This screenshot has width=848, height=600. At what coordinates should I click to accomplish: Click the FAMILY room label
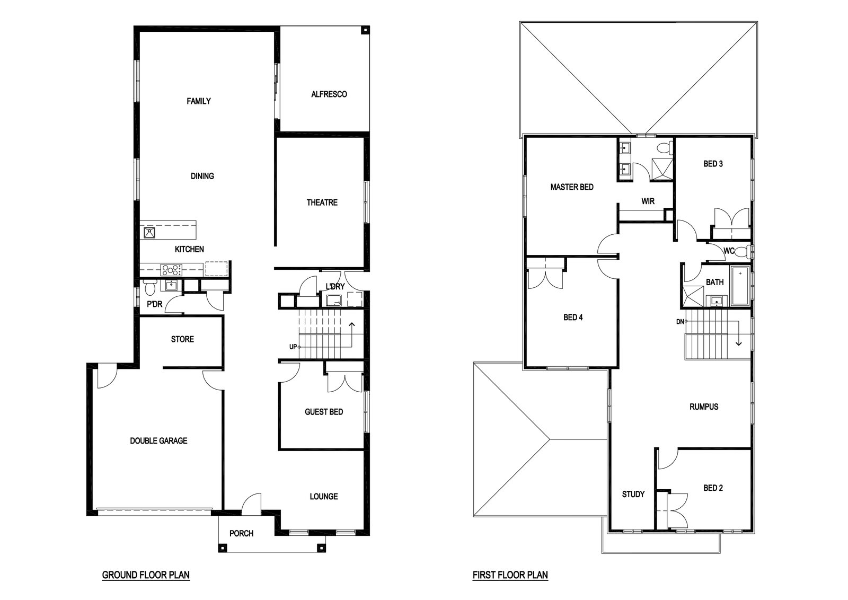(x=199, y=101)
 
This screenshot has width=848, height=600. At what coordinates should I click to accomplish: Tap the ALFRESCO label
(x=329, y=94)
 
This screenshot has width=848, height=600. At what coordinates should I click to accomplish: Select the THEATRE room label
(x=322, y=202)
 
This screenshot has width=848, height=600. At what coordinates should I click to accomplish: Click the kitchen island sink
(x=149, y=232)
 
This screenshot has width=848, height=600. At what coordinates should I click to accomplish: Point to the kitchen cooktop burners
(x=171, y=270)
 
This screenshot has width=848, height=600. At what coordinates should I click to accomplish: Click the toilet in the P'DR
(x=150, y=287)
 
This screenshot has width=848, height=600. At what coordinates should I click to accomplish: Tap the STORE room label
(x=182, y=339)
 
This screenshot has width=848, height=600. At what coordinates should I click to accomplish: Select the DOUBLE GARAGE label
(x=158, y=440)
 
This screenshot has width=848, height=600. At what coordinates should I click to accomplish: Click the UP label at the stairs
(x=293, y=347)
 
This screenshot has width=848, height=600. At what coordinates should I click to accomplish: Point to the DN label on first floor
(x=680, y=322)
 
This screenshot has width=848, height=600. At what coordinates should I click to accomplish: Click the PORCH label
(x=242, y=533)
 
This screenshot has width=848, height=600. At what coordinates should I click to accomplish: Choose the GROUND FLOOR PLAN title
(x=146, y=575)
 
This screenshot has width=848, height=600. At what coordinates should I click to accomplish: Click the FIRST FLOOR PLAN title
(x=510, y=575)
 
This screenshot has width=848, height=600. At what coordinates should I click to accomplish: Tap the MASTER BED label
(x=572, y=187)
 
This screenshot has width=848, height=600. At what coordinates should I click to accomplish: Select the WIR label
(x=648, y=201)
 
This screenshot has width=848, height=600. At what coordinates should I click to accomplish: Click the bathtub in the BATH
(x=740, y=286)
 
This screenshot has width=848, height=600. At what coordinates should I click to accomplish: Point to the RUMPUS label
(x=704, y=407)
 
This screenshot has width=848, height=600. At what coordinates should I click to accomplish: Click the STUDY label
(x=633, y=494)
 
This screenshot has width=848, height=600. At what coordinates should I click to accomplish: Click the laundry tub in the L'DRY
(x=334, y=300)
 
